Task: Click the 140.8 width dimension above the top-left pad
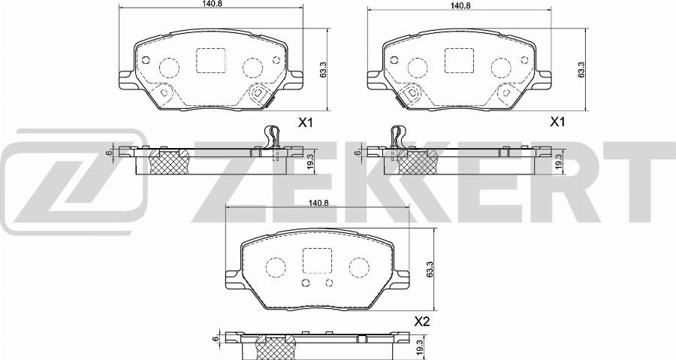pyautogui.click(x=210, y=5)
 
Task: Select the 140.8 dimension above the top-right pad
pyautogui.click(x=459, y=5)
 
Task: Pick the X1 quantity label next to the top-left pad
pyautogui.click(x=305, y=122)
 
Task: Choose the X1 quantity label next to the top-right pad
pyautogui.click(x=557, y=122)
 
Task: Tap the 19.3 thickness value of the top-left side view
pyautogui.click(x=309, y=162)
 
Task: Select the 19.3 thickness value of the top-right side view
pyautogui.click(x=559, y=162)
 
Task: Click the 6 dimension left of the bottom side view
pyautogui.click(x=216, y=339)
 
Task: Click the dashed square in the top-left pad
pyautogui.click(x=210, y=61)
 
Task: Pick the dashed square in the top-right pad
pyautogui.click(x=458, y=61)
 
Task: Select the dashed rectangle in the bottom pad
pyautogui.click(x=316, y=260)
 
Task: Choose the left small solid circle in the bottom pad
pyautogui.click(x=304, y=283)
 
